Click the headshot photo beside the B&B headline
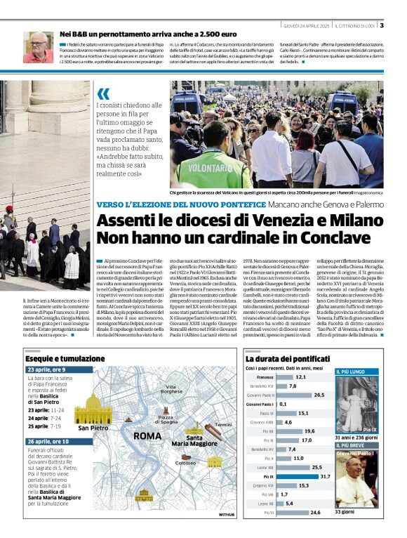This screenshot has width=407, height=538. pos(37,47)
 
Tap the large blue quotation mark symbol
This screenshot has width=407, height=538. pos(104,93)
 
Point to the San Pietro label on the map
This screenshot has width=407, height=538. pos(93,427)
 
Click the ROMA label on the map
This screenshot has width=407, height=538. pos(148,436)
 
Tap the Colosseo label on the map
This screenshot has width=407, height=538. pos(186,463)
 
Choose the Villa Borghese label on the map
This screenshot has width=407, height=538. pos(171,390)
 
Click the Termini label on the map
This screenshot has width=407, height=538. pos(223,425)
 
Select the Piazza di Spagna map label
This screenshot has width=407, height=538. pos(167,419)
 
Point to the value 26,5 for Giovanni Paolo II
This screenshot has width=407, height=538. pos(319,395)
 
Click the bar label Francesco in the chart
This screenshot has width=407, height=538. pos(261,376)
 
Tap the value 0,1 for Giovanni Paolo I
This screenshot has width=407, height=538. pos(283,404)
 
